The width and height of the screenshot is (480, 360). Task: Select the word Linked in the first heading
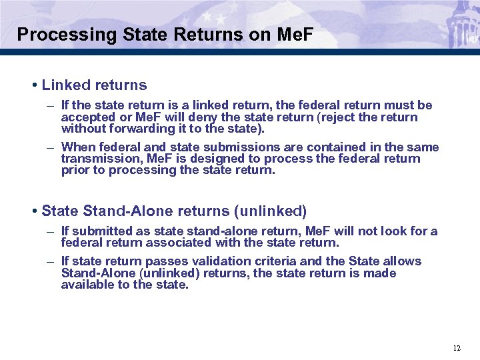pyautogui.click(x=67, y=85)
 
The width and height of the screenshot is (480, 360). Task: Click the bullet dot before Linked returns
pyautogui.click(x=33, y=85)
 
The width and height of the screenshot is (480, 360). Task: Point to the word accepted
pyautogui.click(x=87, y=117)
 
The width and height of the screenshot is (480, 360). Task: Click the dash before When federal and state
pyautogui.click(x=51, y=147)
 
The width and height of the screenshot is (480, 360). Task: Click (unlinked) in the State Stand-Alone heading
pyautogui.click(x=270, y=211)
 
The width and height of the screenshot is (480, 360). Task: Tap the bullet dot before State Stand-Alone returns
pyautogui.click(x=33, y=211)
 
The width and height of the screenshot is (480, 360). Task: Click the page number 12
pyautogui.click(x=457, y=348)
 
